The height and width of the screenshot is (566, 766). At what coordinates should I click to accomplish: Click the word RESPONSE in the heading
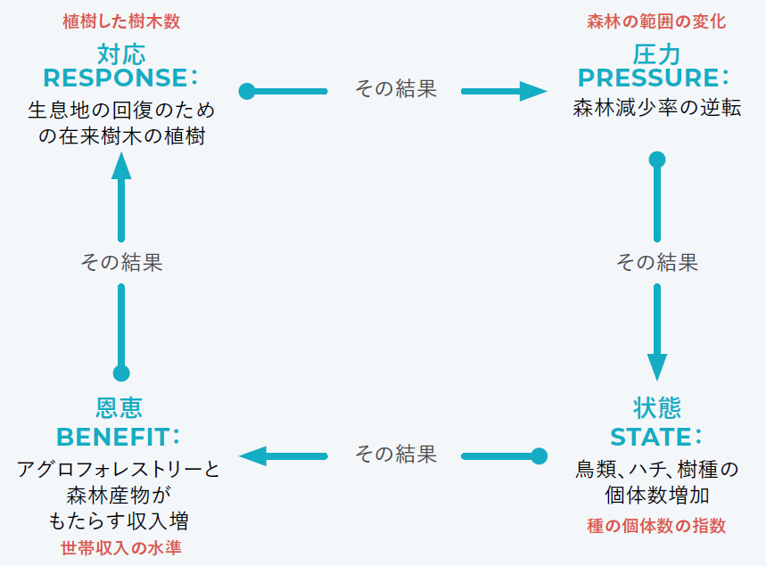click(115, 78)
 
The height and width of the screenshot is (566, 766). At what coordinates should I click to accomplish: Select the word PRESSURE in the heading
click(648, 78)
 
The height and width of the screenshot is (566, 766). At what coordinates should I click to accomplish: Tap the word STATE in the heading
click(651, 437)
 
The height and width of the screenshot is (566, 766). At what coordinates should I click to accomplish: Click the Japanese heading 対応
click(121, 53)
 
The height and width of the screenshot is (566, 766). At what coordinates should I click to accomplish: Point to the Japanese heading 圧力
click(657, 53)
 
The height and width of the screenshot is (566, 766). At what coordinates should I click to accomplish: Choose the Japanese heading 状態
click(657, 408)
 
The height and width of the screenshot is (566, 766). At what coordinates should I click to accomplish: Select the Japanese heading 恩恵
click(119, 408)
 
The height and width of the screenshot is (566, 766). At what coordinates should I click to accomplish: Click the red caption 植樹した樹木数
click(127, 21)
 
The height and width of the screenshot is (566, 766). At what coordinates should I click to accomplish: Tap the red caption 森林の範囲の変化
click(656, 21)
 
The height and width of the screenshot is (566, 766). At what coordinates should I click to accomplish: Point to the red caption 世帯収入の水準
click(120, 547)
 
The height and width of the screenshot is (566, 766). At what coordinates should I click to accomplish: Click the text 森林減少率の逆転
click(657, 110)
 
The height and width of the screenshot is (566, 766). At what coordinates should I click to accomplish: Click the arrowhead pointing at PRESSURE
click(534, 91)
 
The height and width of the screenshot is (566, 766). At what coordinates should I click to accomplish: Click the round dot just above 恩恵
click(121, 373)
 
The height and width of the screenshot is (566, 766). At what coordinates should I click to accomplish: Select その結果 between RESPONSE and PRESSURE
click(396, 89)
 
